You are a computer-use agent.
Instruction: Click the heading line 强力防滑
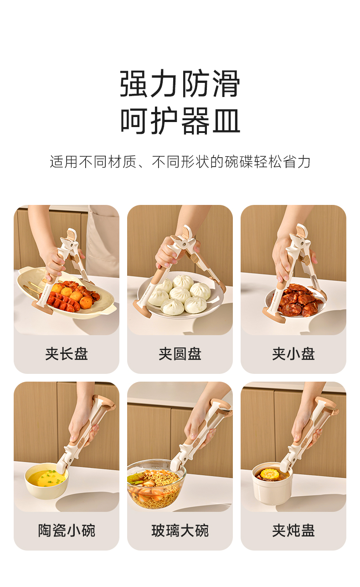pyautogui.click(x=180, y=84)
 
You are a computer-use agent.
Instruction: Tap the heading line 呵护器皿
pyautogui.click(x=180, y=121)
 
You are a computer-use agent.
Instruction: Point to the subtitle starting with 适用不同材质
pyautogui.click(x=180, y=161)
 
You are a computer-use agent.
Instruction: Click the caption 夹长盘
pyautogui.click(x=67, y=354)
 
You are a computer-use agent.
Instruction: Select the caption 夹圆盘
pyautogui.click(x=180, y=354)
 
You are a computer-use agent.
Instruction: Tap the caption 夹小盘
pyautogui.click(x=293, y=354)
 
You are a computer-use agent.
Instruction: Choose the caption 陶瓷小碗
pyautogui.click(x=67, y=531)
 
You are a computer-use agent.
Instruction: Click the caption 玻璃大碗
pyautogui.click(x=180, y=531)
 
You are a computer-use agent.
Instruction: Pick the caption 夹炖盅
pyautogui.click(x=293, y=531)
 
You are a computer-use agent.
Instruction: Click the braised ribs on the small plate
pyautogui.click(x=298, y=301)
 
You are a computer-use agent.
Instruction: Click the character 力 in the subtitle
pyautogui.click(x=303, y=161)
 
